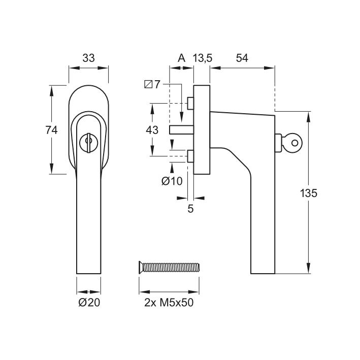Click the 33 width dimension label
[88, 58]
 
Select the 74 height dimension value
[51, 130]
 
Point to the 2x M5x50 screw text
[169, 304]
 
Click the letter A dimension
[181, 58]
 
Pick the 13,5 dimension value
[202, 58]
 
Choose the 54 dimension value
[242, 58]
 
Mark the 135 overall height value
[308, 193]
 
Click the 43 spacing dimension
[152, 130]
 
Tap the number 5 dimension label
[191, 209]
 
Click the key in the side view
[291, 142]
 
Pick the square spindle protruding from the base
[178, 129]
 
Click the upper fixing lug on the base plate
[190, 103]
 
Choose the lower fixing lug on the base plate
[190, 156]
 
